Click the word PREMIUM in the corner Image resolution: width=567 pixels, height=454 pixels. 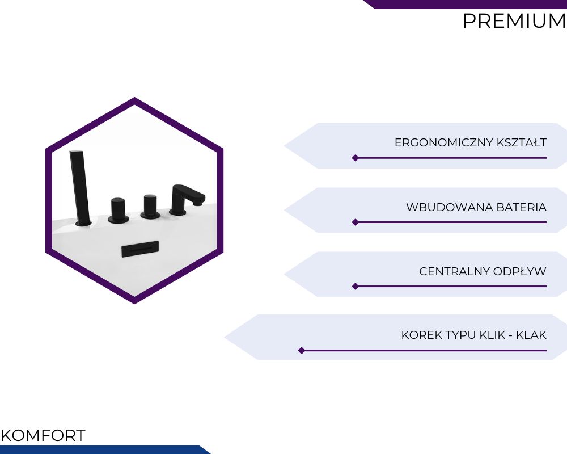click(x=515, y=21)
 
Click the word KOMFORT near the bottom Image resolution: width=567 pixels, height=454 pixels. click(x=43, y=435)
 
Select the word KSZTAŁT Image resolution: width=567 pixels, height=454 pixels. click(x=522, y=142)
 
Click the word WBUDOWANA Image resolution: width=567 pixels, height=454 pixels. click(x=450, y=207)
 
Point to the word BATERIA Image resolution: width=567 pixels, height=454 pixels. click(x=522, y=207)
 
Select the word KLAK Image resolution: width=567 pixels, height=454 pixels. click(x=531, y=335)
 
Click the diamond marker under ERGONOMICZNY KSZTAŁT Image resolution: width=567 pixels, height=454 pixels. click(x=356, y=158)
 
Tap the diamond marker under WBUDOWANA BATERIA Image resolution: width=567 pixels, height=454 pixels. click(x=356, y=222)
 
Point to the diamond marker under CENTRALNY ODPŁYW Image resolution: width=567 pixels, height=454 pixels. click(x=356, y=287)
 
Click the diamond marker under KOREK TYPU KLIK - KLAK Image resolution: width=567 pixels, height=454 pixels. click(x=302, y=351)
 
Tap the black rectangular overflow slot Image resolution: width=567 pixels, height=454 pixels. click(x=140, y=249)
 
